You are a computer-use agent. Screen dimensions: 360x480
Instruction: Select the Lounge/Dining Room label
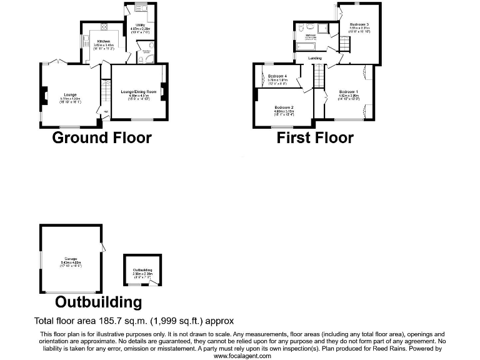(x=138, y=92)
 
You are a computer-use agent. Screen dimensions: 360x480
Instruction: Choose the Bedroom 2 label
(x=284, y=107)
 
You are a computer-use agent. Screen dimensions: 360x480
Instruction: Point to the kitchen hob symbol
(x=102, y=27)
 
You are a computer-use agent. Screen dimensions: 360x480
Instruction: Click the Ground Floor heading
(x=101, y=137)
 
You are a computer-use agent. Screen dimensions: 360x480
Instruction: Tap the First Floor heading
(x=315, y=137)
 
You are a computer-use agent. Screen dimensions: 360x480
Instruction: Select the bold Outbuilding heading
(x=98, y=302)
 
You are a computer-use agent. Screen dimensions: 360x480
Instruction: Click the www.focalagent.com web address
(x=242, y=356)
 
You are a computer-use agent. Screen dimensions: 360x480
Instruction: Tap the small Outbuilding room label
(x=142, y=270)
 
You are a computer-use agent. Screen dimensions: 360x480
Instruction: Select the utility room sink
(x=137, y=10)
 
